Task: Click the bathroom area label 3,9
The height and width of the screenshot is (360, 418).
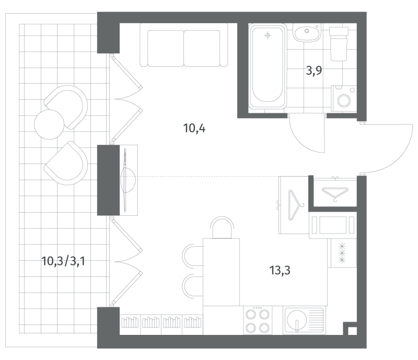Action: click(x=314, y=71)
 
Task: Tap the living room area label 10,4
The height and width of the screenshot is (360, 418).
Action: click(x=194, y=129)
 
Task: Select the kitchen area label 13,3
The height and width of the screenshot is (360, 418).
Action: click(x=280, y=271)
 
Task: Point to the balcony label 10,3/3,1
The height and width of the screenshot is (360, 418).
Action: click(x=63, y=261)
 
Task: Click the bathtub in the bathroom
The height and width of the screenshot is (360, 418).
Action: click(x=268, y=66)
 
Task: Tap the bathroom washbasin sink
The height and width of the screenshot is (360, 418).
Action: click(x=307, y=32)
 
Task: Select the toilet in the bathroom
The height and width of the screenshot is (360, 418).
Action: click(x=339, y=43)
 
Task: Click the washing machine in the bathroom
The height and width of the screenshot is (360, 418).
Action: click(x=344, y=98)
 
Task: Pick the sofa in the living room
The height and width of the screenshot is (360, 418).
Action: click(x=184, y=45)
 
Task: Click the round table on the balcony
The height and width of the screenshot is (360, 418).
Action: click(x=49, y=124)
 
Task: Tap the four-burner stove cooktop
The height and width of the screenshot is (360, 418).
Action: click(x=258, y=320)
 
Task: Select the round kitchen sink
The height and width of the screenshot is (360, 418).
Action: click(x=296, y=320)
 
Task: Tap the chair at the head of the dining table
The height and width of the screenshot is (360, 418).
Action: click(x=222, y=227)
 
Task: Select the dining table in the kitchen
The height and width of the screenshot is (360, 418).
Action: click(x=221, y=272)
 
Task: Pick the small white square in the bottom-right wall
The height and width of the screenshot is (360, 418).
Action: click(x=352, y=330)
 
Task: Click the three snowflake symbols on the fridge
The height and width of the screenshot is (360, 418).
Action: click(x=342, y=252)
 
